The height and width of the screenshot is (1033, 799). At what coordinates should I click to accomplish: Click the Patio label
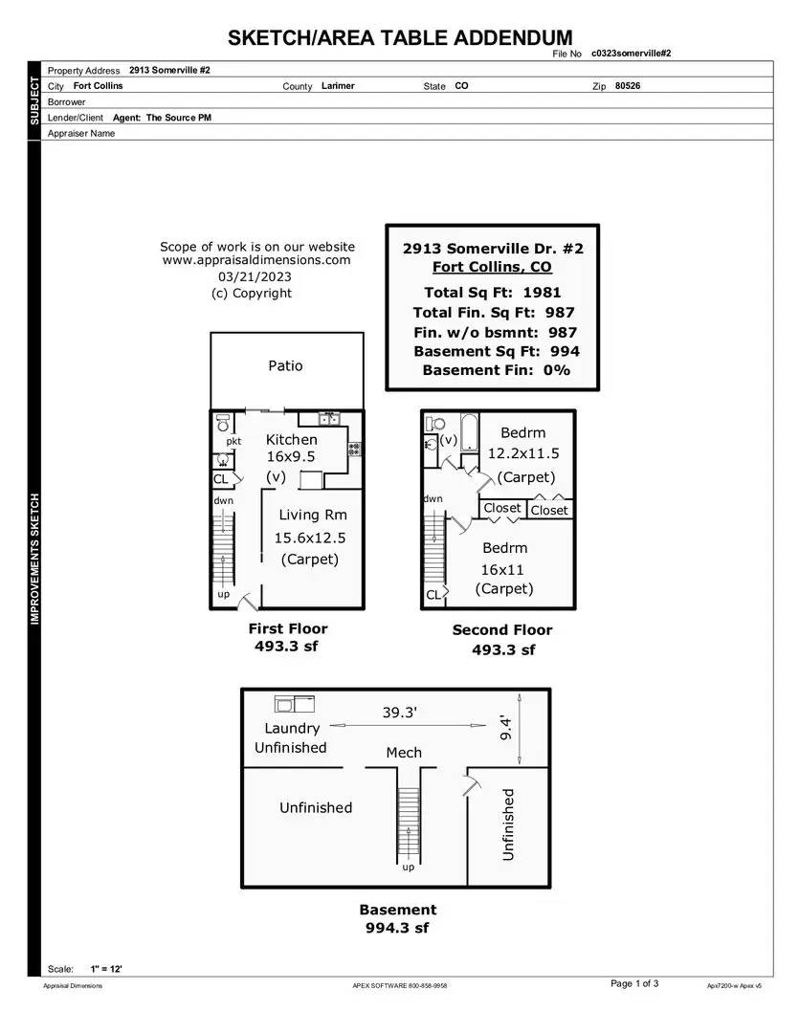pyautogui.click(x=285, y=365)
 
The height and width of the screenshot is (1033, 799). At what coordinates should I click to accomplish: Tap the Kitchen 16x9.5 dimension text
pyautogui.click(x=291, y=456)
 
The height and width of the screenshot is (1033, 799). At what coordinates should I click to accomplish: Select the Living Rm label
pyautogui.click(x=313, y=516)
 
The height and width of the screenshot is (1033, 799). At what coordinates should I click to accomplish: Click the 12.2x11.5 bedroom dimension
pyautogui.click(x=523, y=453)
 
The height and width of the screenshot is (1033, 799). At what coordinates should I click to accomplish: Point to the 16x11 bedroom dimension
pyautogui.click(x=501, y=570)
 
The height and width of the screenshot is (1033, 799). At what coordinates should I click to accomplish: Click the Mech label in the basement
pyautogui.click(x=404, y=753)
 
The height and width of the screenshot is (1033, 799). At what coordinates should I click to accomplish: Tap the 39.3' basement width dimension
pyautogui.click(x=400, y=713)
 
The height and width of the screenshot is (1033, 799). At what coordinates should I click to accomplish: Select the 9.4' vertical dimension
pyautogui.click(x=505, y=728)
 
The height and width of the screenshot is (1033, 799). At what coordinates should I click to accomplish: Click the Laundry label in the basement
pyautogui.click(x=292, y=729)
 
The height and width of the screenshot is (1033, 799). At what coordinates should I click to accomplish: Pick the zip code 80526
pyautogui.click(x=628, y=86)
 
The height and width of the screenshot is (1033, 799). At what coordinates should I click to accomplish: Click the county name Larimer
pyautogui.click(x=338, y=86)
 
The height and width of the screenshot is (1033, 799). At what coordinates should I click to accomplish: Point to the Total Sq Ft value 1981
pyautogui.click(x=542, y=293)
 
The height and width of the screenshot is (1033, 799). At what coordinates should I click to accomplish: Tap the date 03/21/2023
pyautogui.click(x=255, y=276)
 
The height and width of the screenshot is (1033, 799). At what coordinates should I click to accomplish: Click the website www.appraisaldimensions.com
pyautogui.click(x=256, y=260)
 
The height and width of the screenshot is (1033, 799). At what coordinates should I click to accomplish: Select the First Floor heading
pyautogui.click(x=288, y=628)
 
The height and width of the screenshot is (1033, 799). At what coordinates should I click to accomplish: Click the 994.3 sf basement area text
pyautogui.click(x=397, y=928)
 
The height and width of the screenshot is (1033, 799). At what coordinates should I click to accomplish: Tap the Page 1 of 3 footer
pyautogui.click(x=634, y=983)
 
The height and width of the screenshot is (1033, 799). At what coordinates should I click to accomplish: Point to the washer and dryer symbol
pyautogui.click(x=295, y=704)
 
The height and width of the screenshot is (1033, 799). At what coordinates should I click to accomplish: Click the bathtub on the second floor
pyautogui.click(x=470, y=433)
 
